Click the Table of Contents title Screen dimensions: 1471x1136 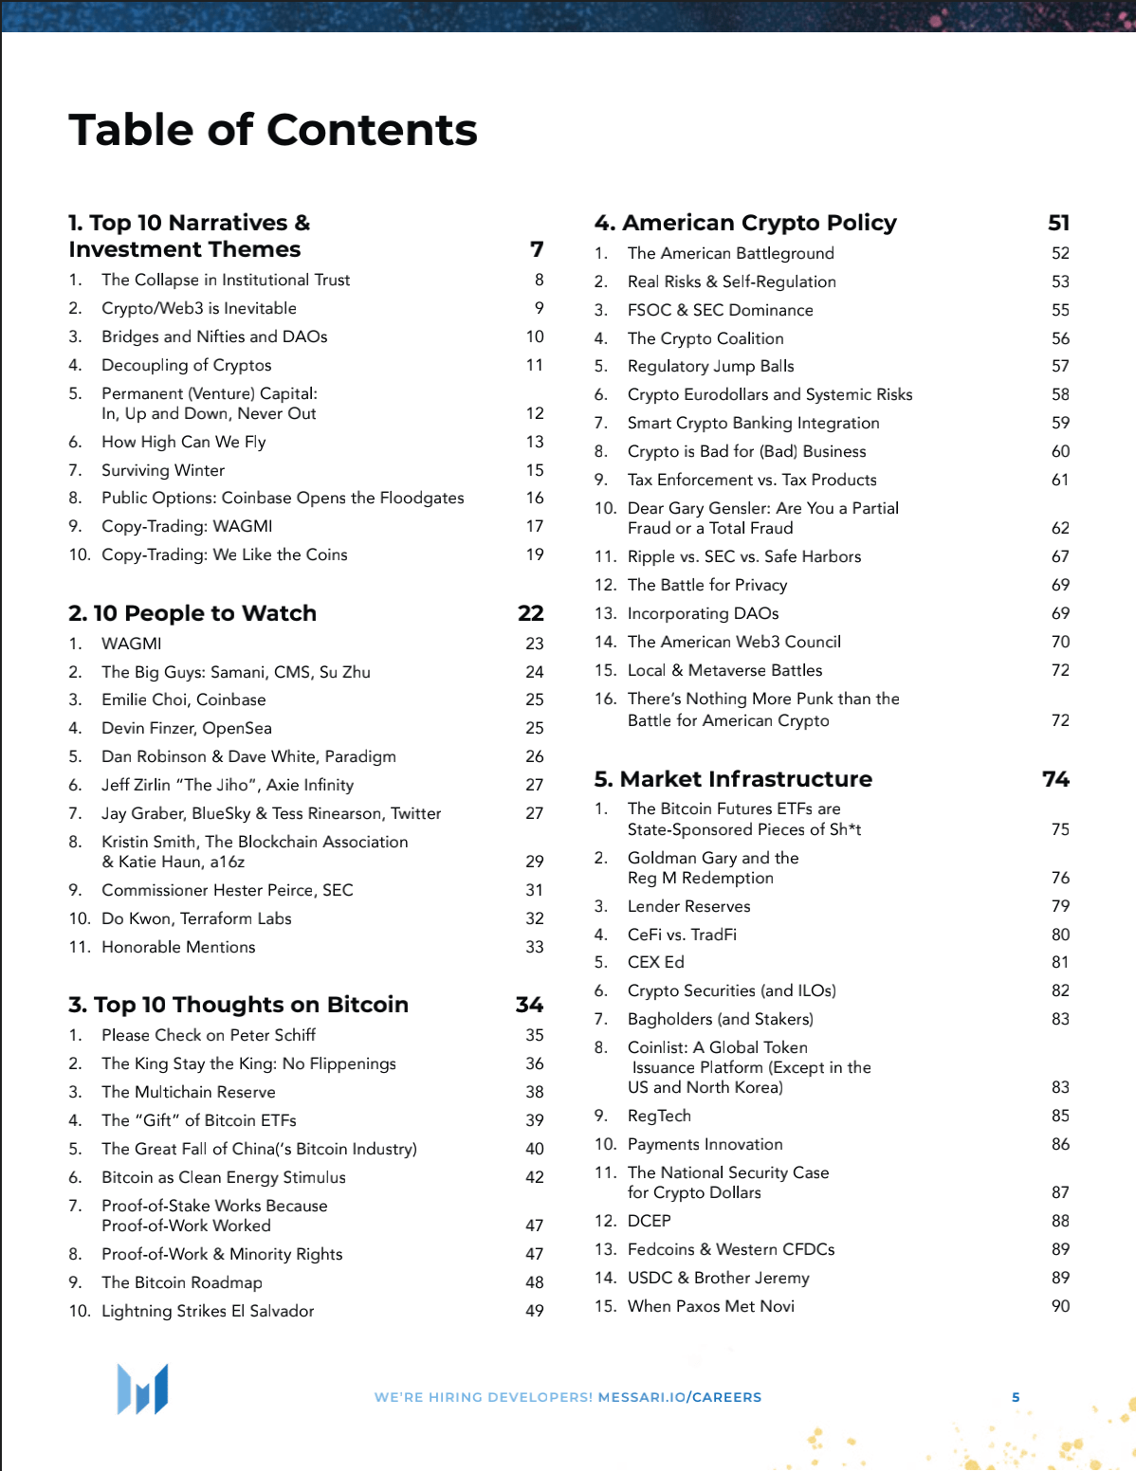(x=273, y=130)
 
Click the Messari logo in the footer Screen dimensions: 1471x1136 (x=142, y=1389)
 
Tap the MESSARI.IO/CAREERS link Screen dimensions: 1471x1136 (x=679, y=1397)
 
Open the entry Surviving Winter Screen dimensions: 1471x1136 (x=163, y=470)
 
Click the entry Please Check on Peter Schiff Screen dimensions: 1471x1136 (x=209, y=1035)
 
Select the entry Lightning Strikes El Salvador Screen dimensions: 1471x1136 (x=208, y=1311)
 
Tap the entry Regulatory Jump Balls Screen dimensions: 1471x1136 (x=711, y=366)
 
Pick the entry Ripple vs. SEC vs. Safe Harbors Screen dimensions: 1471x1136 (x=744, y=556)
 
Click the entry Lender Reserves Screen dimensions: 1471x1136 (x=688, y=906)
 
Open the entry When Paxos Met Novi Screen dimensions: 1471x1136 (x=711, y=1306)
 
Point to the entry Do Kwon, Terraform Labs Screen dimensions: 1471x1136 (x=196, y=918)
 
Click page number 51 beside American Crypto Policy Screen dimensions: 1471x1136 (x=1058, y=223)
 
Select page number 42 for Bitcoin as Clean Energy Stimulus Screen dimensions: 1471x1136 (x=535, y=1177)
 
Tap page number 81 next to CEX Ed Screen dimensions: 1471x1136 (x=1060, y=962)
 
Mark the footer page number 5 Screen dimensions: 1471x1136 (x=1016, y=1397)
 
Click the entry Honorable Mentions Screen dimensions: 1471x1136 (x=178, y=947)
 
